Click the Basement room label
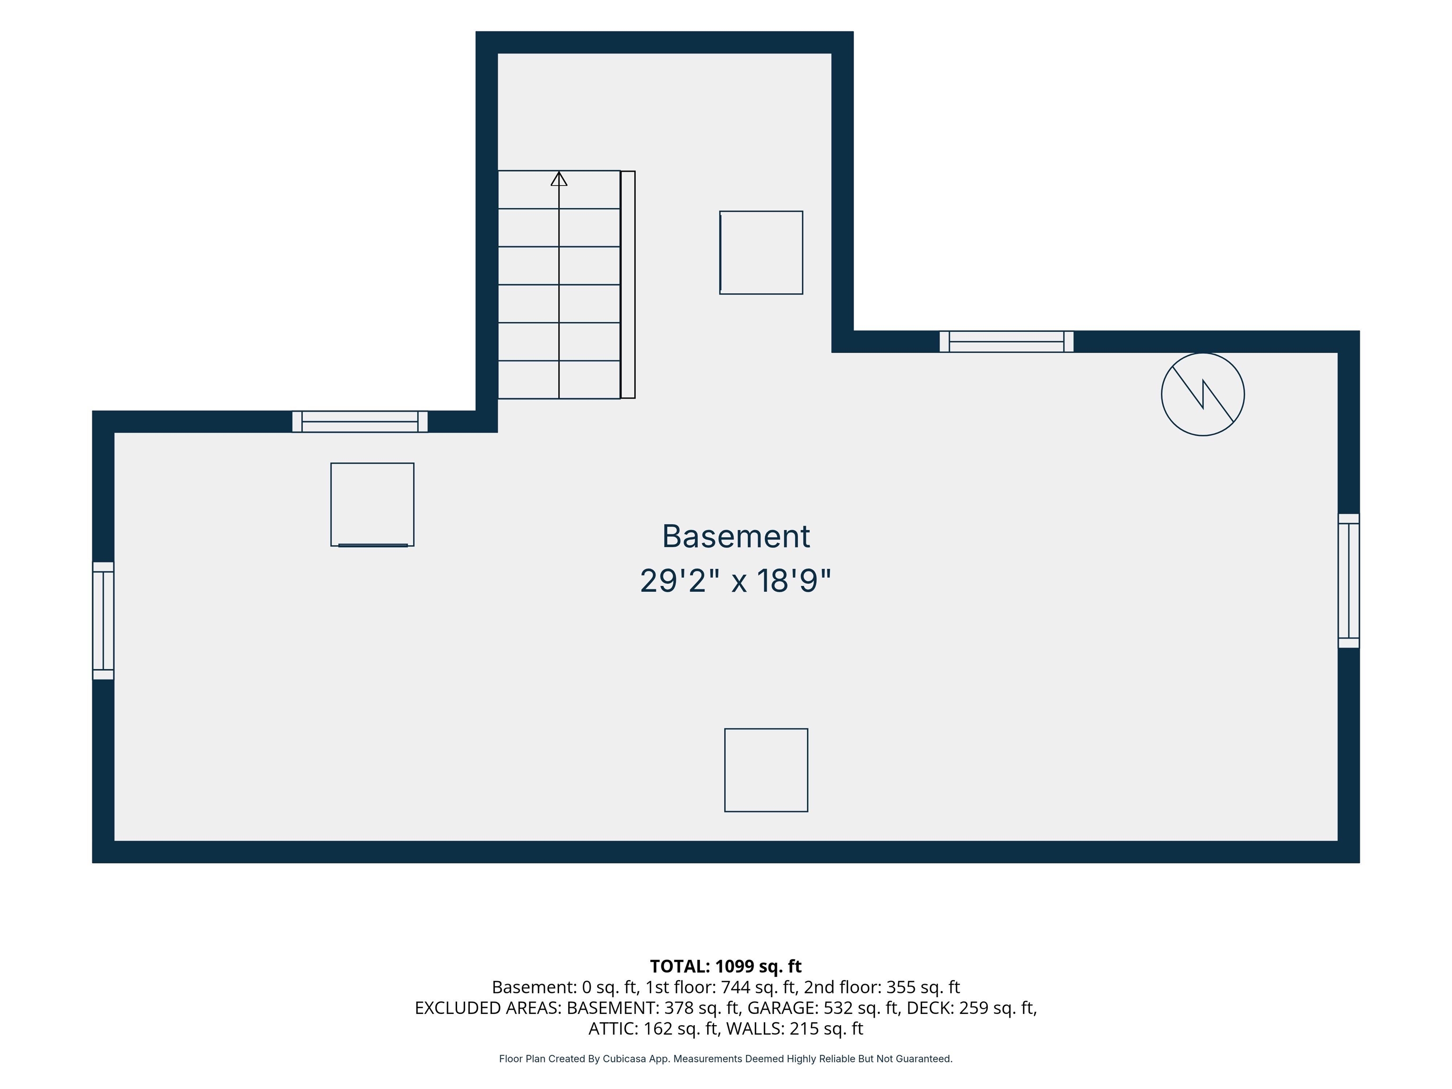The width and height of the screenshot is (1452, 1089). tap(736, 536)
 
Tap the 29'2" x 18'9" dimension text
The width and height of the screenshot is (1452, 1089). tap(736, 581)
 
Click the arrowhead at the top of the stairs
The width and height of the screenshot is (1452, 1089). tap(559, 179)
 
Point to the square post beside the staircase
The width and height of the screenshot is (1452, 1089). tap(761, 253)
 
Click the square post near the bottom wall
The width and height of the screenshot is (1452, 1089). tap(766, 770)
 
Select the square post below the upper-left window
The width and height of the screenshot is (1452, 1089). tap(372, 505)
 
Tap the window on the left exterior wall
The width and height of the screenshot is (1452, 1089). tap(103, 620)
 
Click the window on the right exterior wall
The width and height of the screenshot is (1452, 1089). tap(1348, 581)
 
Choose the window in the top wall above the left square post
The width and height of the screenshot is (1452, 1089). tap(360, 422)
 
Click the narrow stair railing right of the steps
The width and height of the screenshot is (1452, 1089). tap(628, 285)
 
